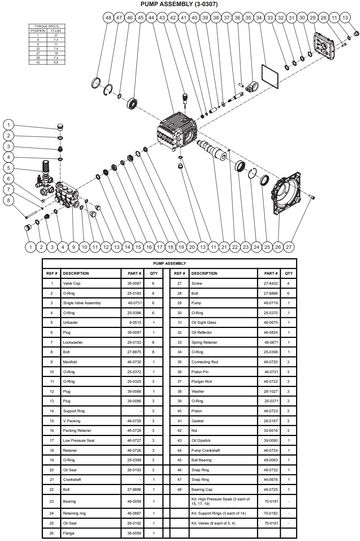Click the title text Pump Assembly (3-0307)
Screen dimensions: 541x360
click(x=180, y=4)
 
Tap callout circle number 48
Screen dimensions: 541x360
click(x=108, y=18)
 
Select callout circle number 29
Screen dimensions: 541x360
click(x=313, y=18)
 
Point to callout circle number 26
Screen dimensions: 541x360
click(x=278, y=247)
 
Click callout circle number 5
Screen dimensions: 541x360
click(x=8, y=168)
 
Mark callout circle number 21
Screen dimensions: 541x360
click(x=224, y=247)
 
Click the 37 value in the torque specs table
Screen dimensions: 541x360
click(x=56, y=35)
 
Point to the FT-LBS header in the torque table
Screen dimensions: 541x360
click(x=56, y=30)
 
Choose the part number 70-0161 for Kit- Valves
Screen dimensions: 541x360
click(x=271, y=523)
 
